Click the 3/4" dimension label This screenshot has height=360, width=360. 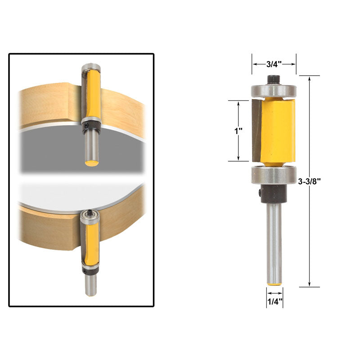tap(274, 64)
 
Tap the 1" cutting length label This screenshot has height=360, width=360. tap(238, 131)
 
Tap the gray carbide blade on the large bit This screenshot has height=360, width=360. tap(256, 130)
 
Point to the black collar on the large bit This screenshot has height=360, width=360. tap(273, 193)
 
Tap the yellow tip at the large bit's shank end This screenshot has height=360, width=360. tap(274, 284)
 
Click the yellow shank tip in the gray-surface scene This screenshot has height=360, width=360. tap(92, 162)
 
